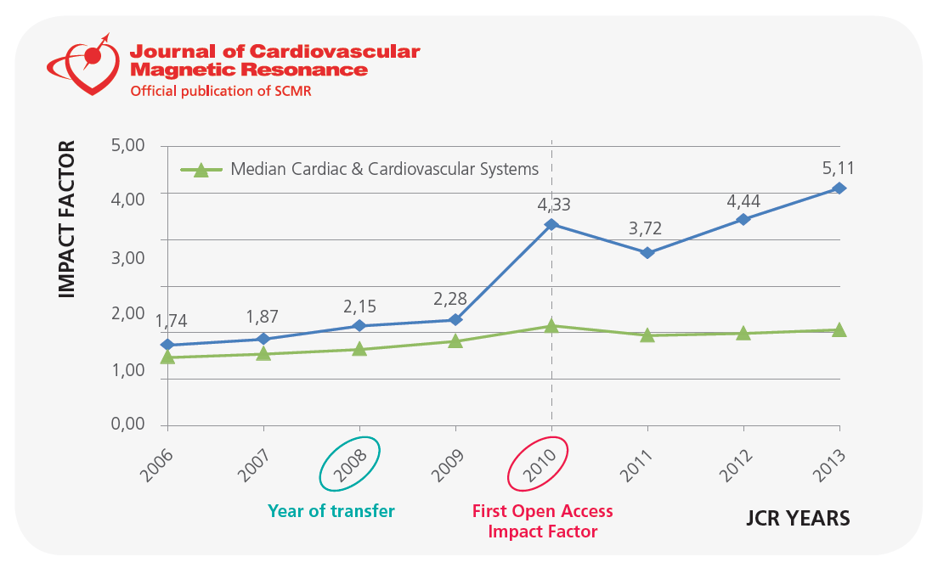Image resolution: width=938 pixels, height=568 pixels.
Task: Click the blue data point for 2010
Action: (551, 224)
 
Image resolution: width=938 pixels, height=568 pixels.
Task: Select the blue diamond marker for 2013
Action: (839, 188)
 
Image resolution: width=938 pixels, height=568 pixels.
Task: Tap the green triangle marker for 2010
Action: (551, 325)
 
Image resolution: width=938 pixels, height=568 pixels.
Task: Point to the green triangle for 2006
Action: (167, 357)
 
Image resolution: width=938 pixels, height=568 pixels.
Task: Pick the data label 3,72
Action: (647, 229)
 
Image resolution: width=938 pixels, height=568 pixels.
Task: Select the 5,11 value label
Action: (839, 170)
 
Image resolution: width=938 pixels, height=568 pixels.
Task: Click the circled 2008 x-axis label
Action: (349, 464)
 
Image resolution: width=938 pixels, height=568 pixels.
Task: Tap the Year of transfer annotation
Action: (331, 511)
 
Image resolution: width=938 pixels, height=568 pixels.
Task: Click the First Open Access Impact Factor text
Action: (542, 521)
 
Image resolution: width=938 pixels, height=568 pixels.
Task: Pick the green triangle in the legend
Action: (201, 170)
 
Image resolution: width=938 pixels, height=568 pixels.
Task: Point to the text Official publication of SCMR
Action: (220, 90)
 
